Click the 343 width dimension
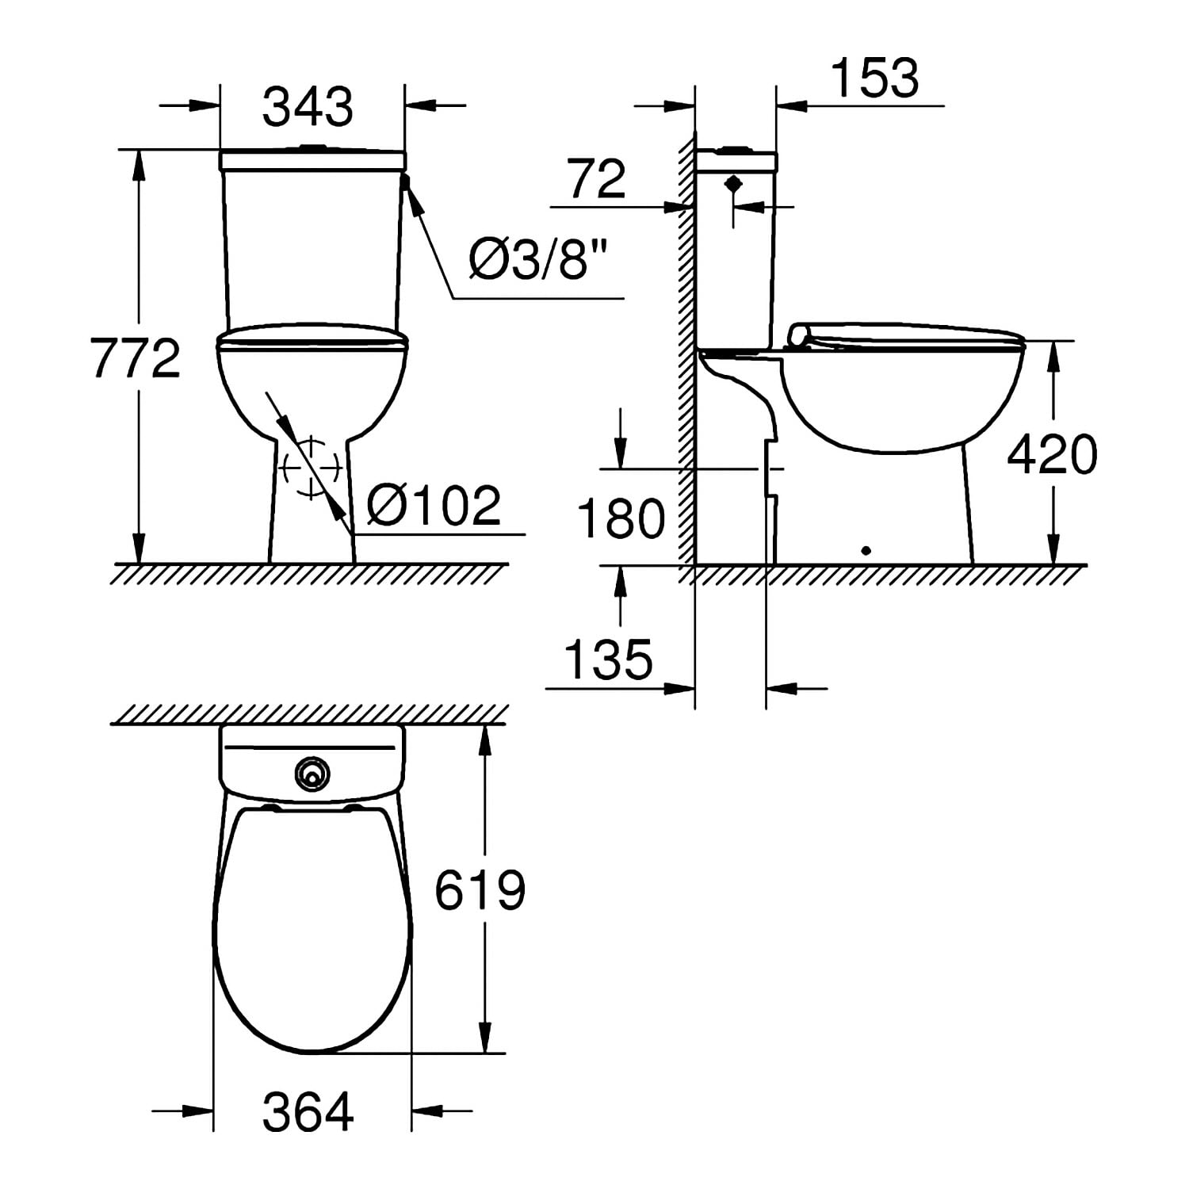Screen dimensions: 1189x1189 [308, 107]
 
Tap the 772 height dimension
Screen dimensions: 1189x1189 [136, 357]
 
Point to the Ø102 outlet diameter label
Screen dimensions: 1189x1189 [434, 505]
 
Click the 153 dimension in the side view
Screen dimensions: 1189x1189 [875, 78]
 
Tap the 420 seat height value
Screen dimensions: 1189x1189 [1052, 455]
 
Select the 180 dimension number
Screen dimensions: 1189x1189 [621, 519]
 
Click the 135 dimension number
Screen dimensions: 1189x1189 [609, 659]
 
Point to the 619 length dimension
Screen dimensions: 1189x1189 [480, 889]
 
